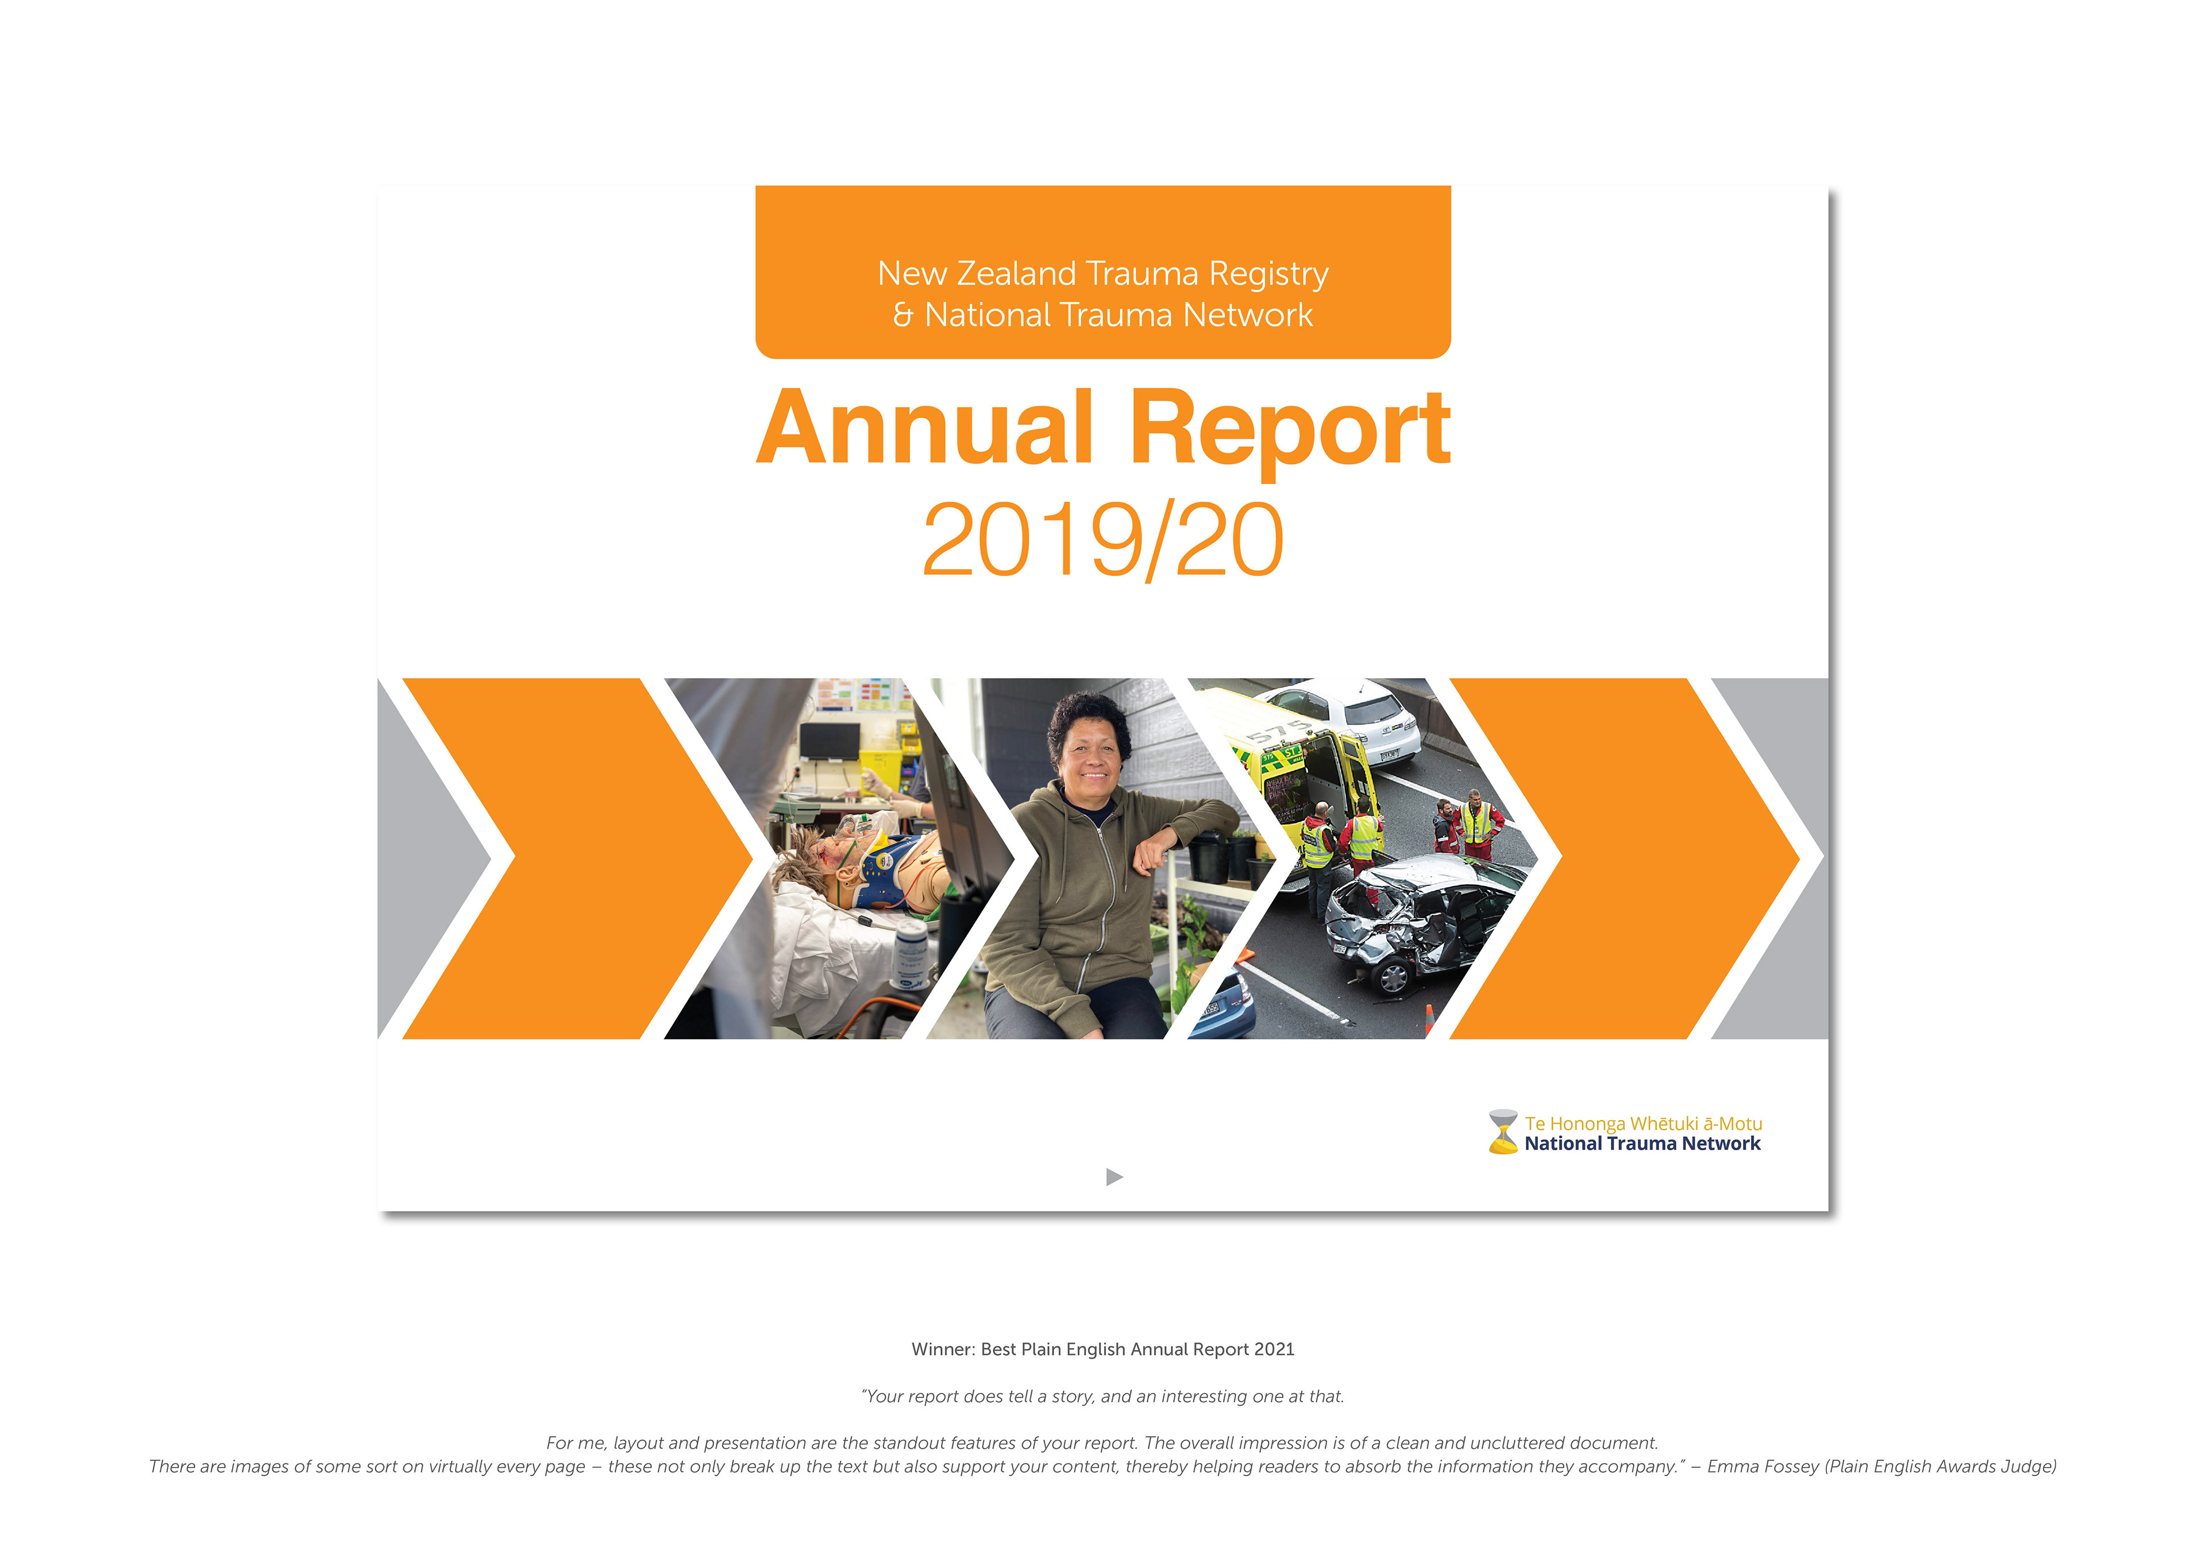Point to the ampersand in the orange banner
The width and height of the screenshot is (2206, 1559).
[x=903, y=315]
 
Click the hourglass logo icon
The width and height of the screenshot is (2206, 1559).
[x=1503, y=1132]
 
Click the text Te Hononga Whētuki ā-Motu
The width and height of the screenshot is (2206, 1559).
[x=1643, y=1123]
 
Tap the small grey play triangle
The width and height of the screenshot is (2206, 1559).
[x=1114, y=1177]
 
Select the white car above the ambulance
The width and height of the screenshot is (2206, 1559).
[x=1350, y=721]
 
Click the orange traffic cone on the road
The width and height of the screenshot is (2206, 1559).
[x=1430, y=1018]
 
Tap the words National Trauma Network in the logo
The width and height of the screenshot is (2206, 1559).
[x=1643, y=1144]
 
